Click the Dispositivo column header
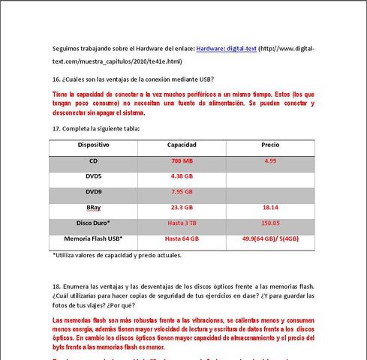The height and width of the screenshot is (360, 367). click(x=94, y=145)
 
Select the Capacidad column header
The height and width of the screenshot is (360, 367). click(x=182, y=145)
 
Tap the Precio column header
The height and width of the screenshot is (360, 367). click(x=270, y=145)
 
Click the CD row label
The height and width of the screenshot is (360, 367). click(x=94, y=160)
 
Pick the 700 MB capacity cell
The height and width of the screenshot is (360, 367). click(x=182, y=160)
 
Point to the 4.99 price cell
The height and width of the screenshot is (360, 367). click(x=270, y=160)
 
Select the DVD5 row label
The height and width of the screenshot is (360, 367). click(x=94, y=176)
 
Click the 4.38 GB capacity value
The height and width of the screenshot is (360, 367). click(x=182, y=176)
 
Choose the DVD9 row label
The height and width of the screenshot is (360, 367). click(x=94, y=191)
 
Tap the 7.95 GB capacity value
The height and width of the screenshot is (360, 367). click(x=182, y=191)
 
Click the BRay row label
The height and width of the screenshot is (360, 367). click(x=94, y=207)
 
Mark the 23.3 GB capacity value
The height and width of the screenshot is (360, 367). click(x=182, y=207)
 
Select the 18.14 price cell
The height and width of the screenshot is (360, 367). click(x=270, y=207)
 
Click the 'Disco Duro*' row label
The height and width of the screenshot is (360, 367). click(x=94, y=223)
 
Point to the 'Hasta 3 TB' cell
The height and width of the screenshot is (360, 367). click(x=182, y=223)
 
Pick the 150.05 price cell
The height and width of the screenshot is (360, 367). click(x=270, y=223)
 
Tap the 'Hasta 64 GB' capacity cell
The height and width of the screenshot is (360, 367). click(x=182, y=238)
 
